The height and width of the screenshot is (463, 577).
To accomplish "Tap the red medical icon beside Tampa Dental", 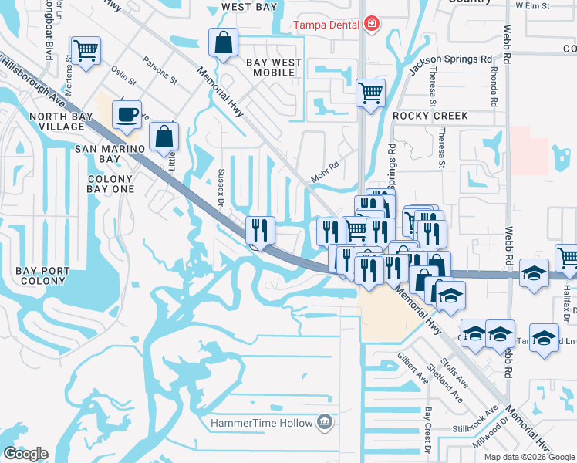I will (372, 24).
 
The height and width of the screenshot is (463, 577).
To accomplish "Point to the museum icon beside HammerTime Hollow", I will (325, 422).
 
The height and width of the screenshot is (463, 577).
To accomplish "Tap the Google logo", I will (25, 454).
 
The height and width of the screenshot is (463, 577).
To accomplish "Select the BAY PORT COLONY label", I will (42, 277).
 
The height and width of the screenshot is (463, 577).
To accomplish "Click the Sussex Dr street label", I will (221, 189).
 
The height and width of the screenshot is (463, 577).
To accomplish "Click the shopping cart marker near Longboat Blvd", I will (86, 52).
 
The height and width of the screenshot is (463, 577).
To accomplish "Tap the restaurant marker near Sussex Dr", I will (260, 228).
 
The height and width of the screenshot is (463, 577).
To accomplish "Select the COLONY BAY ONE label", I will (104, 184).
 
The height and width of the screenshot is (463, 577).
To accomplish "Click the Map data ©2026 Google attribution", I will (528, 457).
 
